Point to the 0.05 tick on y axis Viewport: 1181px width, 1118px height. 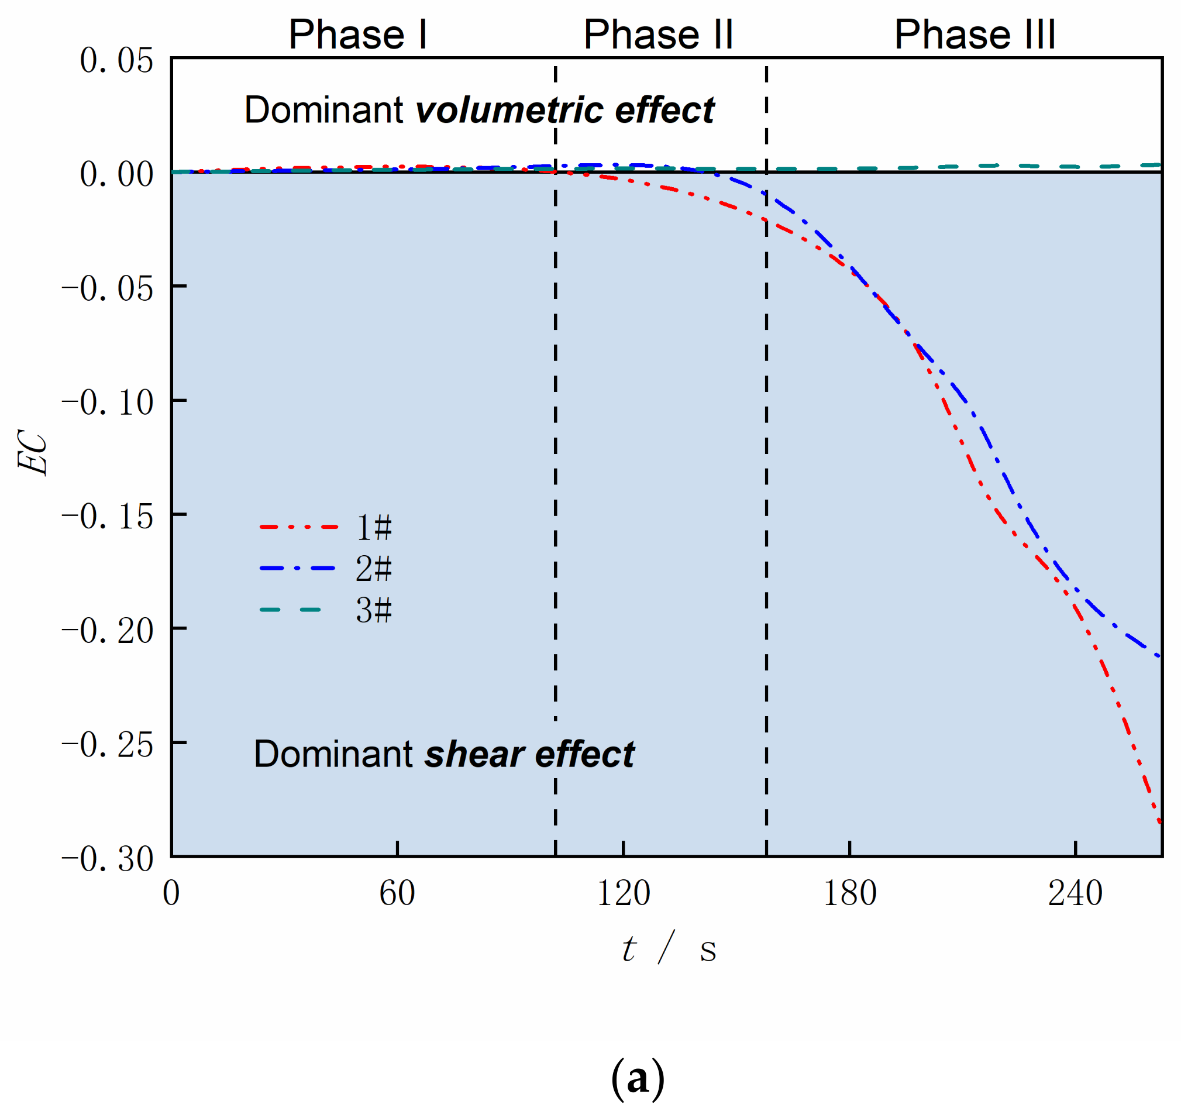(x=117, y=61)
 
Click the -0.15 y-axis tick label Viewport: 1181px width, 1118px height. (x=108, y=516)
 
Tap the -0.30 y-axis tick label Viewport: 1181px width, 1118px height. (x=108, y=859)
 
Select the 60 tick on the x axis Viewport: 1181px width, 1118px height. (x=397, y=893)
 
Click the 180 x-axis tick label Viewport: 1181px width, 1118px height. (x=849, y=893)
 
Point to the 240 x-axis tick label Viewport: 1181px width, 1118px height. (x=1075, y=893)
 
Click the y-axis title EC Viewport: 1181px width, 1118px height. (x=33, y=452)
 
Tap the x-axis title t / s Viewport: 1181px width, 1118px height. (x=668, y=948)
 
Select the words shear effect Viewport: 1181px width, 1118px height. (x=529, y=755)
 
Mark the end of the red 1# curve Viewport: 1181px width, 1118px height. (x=1160, y=823)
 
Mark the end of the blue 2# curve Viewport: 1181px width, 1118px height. (x=1159, y=657)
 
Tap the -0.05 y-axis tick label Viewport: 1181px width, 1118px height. (x=108, y=288)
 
